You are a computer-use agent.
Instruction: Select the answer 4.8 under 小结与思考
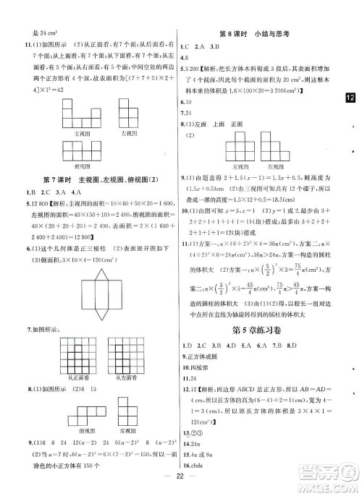pos(188,56)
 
